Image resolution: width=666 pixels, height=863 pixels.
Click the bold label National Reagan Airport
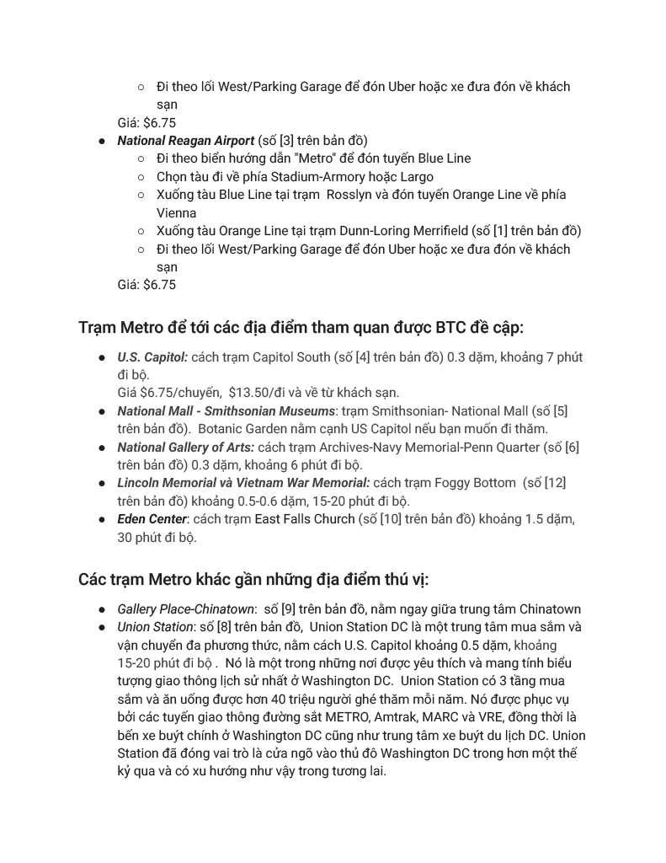click(x=185, y=141)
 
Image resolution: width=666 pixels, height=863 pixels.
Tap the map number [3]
click(x=287, y=141)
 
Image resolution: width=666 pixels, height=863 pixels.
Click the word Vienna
click(x=176, y=213)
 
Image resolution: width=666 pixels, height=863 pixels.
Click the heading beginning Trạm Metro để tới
click(x=301, y=327)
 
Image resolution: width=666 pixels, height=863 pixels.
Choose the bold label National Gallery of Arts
click(x=185, y=448)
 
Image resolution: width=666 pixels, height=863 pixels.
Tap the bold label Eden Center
click(x=152, y=519)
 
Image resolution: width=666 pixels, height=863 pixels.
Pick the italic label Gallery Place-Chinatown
click(x=185, y=609)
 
